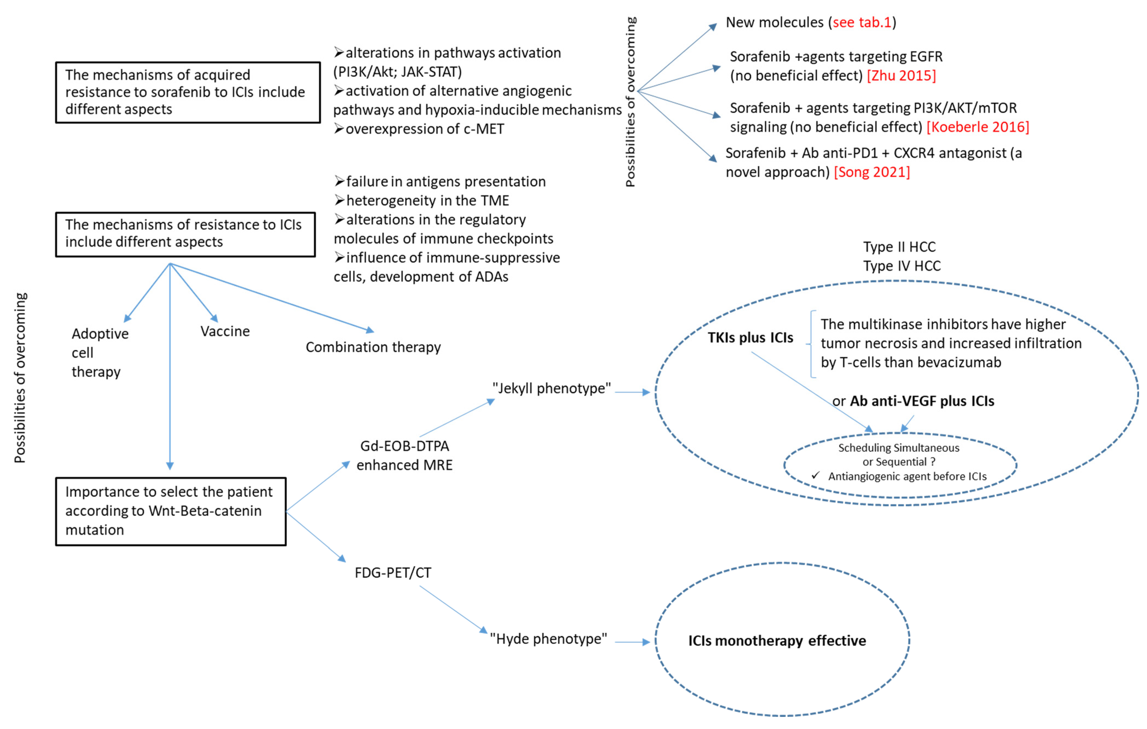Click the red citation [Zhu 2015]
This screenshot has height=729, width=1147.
(901, 75)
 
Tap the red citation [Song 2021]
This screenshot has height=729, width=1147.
(872, 172)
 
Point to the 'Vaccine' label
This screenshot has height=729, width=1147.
(225, 331)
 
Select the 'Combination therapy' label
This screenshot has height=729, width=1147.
(373, 347)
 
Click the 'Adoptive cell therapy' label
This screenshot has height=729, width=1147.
(100, 353)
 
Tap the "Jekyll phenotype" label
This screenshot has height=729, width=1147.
(551, 388)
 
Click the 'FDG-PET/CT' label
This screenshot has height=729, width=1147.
(393, 572)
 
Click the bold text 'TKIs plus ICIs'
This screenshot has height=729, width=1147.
(750, 338)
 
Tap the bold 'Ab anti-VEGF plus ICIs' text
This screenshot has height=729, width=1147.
(922, 401)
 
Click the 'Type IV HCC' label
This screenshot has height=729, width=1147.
(902, 266)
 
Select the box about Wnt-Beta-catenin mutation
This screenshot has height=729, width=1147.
(171, 511)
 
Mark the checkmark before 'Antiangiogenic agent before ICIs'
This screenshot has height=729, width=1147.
(816, 476)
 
